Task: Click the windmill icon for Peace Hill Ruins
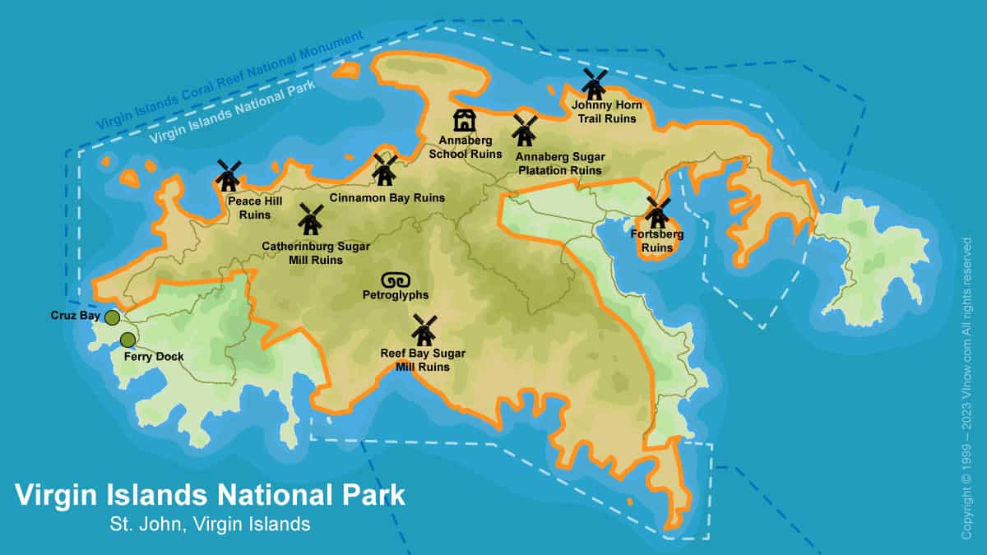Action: click(x=228, y=175)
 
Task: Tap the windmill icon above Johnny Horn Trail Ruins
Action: click(x=594, y=83)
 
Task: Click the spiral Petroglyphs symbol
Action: click(x=395, y=279)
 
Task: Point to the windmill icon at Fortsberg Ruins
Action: click(x=657, y=213)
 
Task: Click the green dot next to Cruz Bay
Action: click(x=112, y=317)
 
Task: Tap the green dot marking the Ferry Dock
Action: click(x=127, y=340)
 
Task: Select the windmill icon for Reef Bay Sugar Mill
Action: click(x=424, y=330)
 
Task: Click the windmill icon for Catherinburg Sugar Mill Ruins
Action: click(x=310, y=220)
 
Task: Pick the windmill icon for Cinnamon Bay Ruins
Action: click(x=385, y=169)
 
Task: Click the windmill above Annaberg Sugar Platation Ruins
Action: click(x=524, y=130)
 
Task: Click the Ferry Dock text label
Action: click(x=153, y=357)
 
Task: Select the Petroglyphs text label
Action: click(x=396, y=294)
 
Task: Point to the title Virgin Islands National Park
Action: click(x=210, y=495)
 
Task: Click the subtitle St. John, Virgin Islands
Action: click(x=210, y=524)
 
